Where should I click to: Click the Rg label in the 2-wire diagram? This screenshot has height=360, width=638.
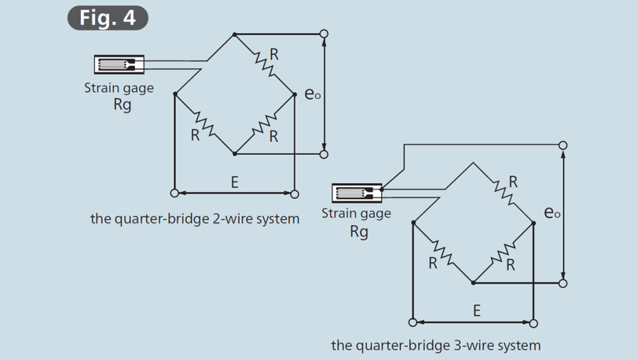(x=122, y=105)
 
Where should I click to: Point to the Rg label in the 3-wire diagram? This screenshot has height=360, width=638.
(x=358, y=232)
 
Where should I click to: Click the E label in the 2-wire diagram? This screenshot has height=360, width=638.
(x=234, y=182)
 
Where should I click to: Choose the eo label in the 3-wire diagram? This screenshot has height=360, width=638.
(x=552, y=212)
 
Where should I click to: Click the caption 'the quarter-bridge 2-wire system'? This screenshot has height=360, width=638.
(x=195, y=219)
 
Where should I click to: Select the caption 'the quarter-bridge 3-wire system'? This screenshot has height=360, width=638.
(x=436, y=345)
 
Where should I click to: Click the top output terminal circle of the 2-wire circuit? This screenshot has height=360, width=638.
(x=324, y=34)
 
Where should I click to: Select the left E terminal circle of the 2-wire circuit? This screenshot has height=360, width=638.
(x=174, y=193)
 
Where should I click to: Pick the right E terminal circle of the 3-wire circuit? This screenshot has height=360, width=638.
(x=533, y=322)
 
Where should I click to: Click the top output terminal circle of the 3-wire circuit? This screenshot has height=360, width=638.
(x=563, y=145)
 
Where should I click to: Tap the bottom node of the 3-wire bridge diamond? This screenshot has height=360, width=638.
(x=473, y=282)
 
